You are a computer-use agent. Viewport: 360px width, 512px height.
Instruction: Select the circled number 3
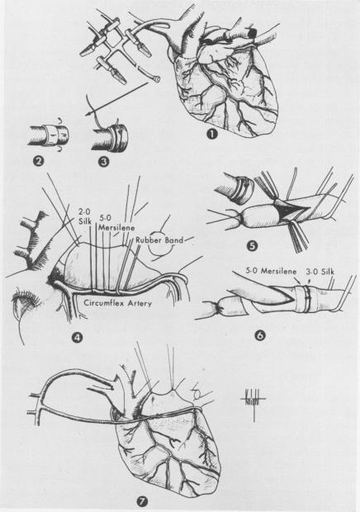[102, 163]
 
